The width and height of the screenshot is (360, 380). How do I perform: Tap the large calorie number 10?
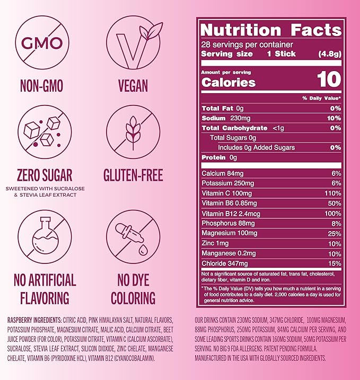[x=330, y=81]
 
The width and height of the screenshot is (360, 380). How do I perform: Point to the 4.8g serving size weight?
[x=330, y=54]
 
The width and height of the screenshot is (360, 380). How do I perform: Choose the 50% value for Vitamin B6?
[x=333, y=204]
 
